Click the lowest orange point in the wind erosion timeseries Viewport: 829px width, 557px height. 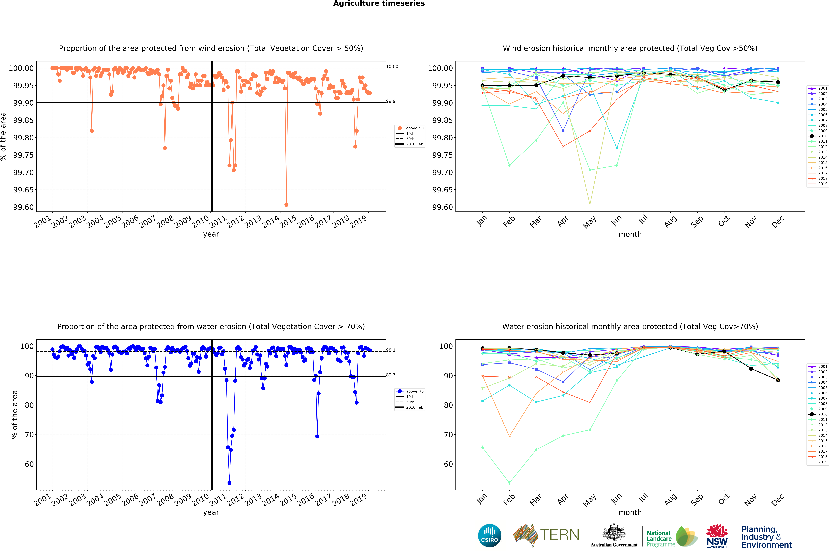(286, 205)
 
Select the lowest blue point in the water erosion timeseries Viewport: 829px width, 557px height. (229, 483)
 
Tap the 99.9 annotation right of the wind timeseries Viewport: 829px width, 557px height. (391, 101)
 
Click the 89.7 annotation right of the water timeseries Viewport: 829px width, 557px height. (391, 375)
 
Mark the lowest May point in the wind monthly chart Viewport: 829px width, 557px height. (590, 204)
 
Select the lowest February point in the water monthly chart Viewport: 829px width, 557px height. (509, 483)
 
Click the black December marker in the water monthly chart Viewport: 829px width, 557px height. (778, 380)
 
